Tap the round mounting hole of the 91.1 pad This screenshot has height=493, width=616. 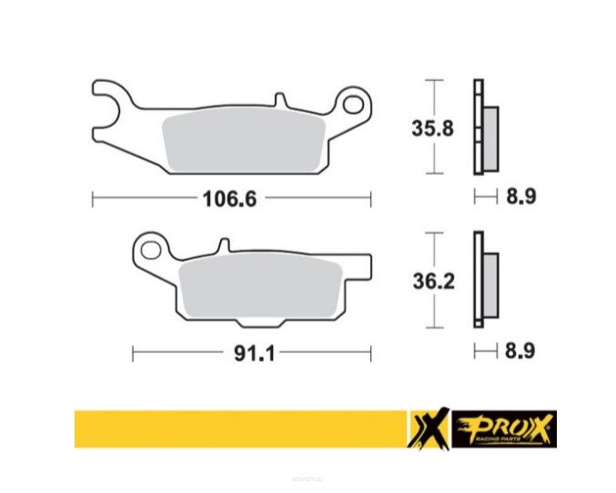pyautogui.click(x=151, y=247)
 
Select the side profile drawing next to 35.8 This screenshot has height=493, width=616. pyautogui.click(x=483, y=127)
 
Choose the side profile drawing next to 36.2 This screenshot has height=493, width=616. pyautogui.click(x=483, y=281)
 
